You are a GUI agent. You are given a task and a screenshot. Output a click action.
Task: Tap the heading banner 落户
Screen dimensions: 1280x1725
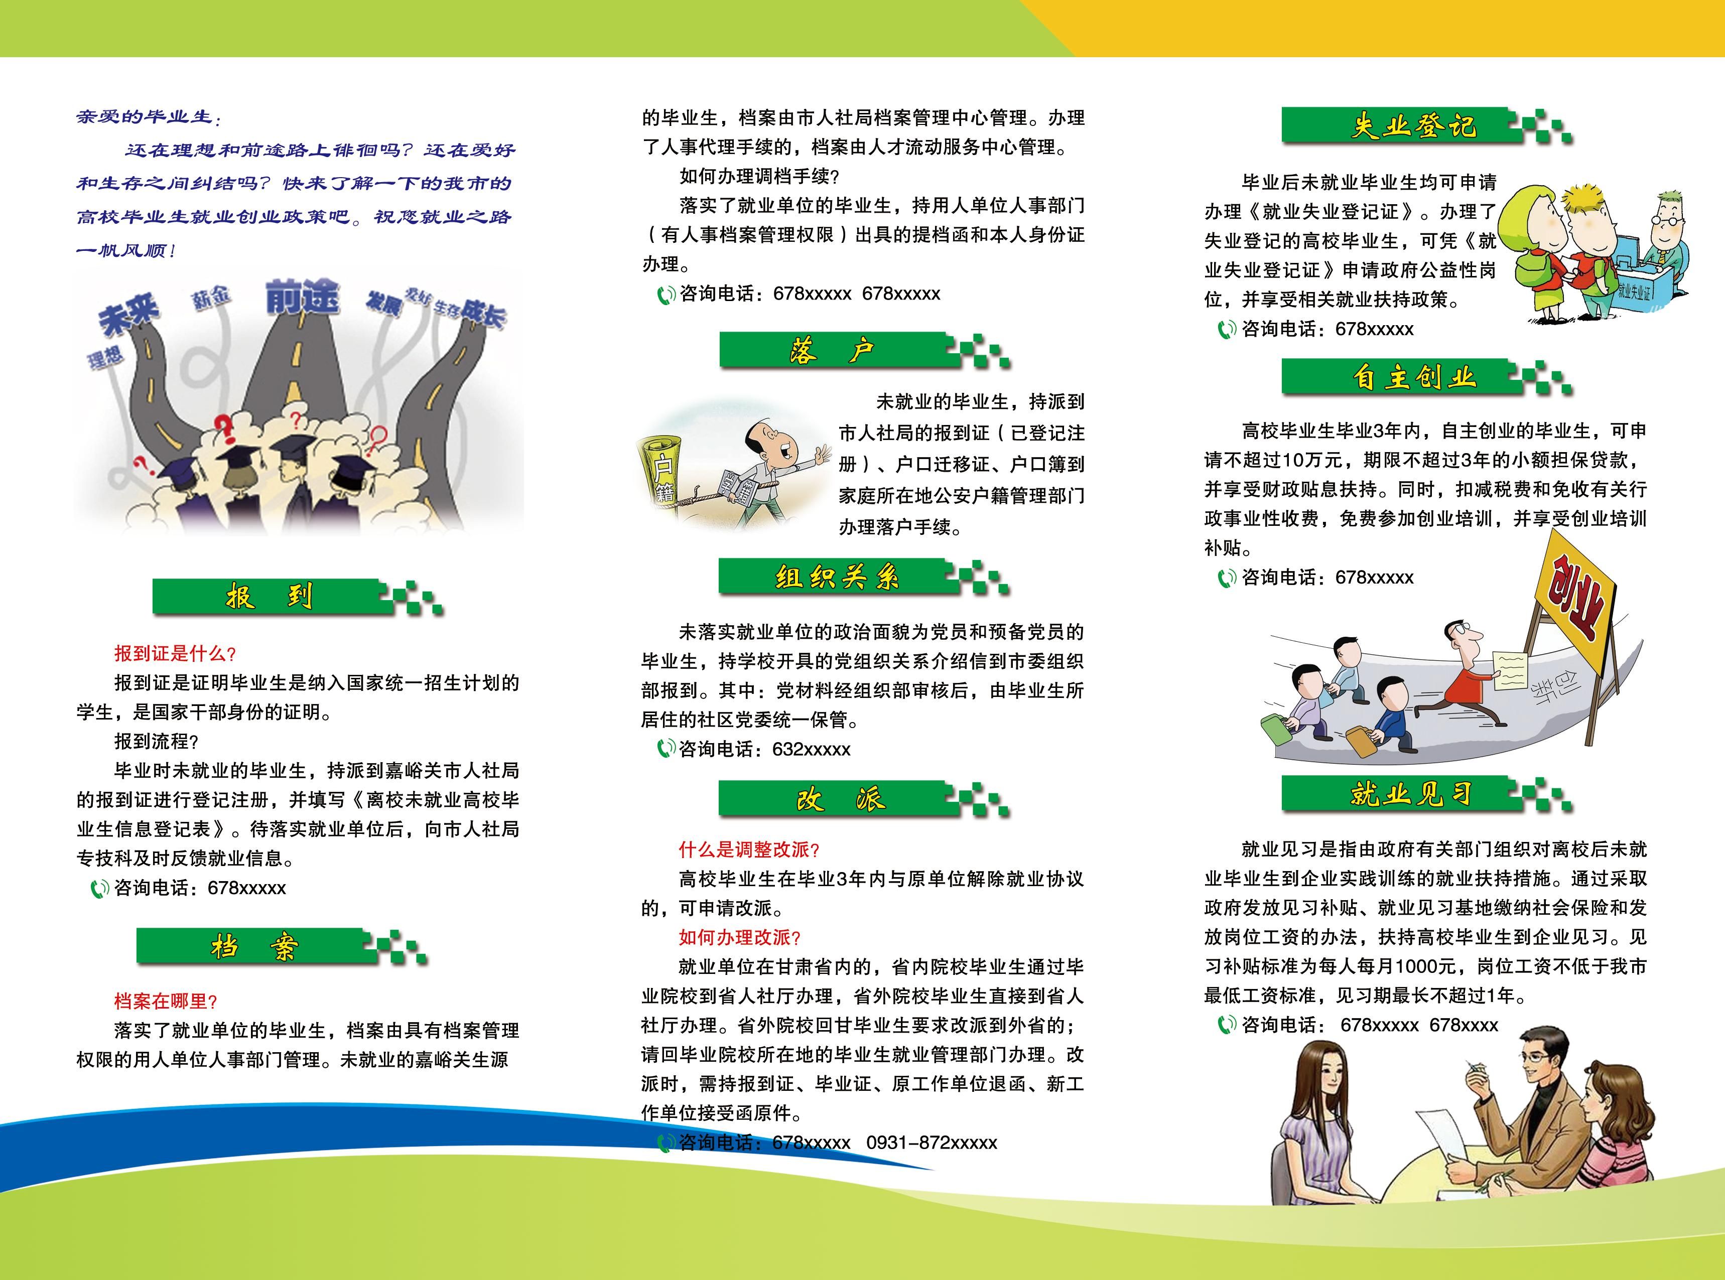(834, 351)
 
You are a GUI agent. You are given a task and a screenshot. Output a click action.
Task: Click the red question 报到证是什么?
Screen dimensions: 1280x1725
(175, 654)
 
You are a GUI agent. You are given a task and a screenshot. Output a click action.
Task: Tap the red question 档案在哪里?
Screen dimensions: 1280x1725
(166, 1001)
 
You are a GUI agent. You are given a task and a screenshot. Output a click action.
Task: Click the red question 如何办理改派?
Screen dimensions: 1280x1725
(739, 937)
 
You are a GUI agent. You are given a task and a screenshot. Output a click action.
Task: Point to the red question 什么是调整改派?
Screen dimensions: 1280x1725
(749, 850)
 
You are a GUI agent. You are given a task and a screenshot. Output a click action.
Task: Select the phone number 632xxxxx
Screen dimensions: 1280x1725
(812, 749)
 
